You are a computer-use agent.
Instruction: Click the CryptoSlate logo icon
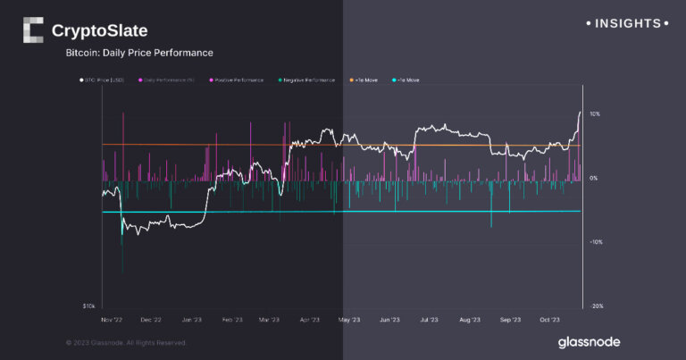[x=32, y=30]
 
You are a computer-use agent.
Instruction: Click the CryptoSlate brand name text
[x=99, y=31]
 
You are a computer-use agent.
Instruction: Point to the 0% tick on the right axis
[x=592, y=179]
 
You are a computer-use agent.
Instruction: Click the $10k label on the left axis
[x=89, y=306]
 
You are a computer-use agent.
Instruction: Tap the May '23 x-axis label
[x=349, y=319]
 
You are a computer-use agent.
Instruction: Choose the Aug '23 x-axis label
[x=470, y=319]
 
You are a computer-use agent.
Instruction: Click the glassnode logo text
[x=589, y=342]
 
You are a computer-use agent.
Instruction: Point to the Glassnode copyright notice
[x=127, y=342]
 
